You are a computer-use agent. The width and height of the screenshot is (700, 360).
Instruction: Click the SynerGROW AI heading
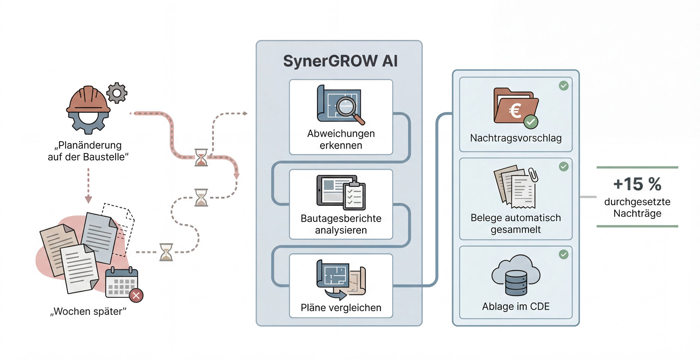tap(340, 61)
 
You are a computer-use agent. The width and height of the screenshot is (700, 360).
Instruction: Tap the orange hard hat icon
tap(88, 99)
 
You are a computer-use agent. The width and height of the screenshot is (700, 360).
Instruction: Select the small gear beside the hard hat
tap(117, 93)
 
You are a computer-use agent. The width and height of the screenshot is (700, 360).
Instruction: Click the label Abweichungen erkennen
tap(341, 139)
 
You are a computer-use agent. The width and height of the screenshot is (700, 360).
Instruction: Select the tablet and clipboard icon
tap(341, 192)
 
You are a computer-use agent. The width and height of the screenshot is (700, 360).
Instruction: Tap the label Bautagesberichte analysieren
tap(341, 224)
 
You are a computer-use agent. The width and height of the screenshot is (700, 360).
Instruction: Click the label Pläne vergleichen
tap(341, 308)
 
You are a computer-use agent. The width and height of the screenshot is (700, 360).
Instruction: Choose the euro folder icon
tap(515, 107)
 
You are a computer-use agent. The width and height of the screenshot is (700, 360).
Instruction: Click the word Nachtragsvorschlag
tap(516, 138)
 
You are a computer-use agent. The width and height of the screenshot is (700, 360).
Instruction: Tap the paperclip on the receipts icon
tap(533, 174)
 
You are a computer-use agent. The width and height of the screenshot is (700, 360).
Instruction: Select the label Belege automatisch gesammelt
tap(516, 223)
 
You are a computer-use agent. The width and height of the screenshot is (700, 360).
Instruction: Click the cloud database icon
tap(516, 275)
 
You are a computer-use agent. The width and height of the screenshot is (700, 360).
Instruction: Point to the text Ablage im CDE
tap(516, 306)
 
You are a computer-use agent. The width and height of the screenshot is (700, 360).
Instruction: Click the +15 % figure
tap(637, 184)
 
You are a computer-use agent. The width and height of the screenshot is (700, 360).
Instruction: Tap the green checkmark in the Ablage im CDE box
tap(563, 255)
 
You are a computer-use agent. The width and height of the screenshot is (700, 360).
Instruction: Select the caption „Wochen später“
tap(88, 311)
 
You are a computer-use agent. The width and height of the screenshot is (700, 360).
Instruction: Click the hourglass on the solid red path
tap(201, 157)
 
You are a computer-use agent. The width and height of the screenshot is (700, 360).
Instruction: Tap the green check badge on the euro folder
tap(531, 122)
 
